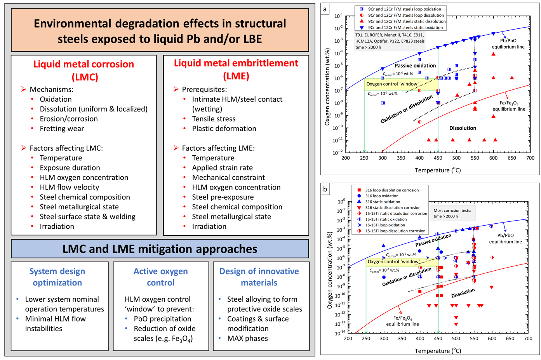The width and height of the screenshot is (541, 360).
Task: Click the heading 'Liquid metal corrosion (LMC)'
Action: (83, 70)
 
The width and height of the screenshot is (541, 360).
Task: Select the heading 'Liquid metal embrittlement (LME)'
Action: (236, 69)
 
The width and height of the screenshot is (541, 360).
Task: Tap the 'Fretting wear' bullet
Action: (62, 129)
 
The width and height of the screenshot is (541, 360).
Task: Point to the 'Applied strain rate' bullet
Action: (222, 168)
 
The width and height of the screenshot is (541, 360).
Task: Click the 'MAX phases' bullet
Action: (247, 338)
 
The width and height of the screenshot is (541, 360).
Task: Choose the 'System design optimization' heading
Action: (57, 277)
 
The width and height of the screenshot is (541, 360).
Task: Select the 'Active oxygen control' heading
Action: (160, 277)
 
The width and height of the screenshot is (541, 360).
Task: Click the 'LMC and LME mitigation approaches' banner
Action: (160, 249)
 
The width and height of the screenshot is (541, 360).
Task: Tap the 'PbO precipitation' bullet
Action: (162, 319)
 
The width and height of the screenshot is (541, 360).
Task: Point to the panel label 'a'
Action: (325, 9)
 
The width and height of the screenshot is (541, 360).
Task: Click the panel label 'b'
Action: (325, 190)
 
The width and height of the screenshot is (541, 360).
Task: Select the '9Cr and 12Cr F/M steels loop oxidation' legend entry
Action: (404, 9)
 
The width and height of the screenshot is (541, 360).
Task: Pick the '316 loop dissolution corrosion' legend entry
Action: (391, 190)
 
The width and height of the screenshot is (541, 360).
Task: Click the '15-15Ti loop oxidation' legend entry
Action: (385, 225)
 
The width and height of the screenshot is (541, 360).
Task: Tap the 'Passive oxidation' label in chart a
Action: (415, 66)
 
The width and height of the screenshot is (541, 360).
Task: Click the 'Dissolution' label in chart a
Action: (463, 128)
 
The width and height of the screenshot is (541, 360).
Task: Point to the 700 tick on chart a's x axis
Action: (530, 158)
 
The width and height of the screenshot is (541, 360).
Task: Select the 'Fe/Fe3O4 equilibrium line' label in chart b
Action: (402, 321)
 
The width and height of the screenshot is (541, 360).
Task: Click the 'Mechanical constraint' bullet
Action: (228, 177)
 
